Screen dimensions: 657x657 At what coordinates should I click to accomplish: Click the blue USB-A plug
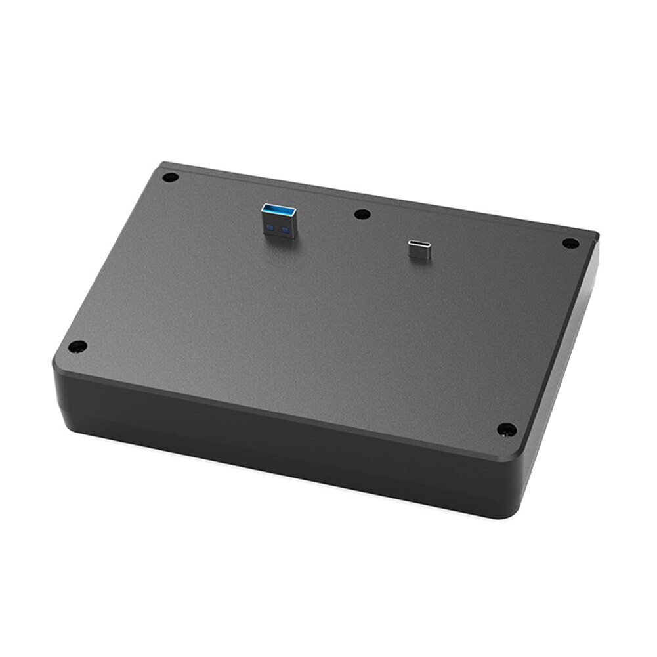(280, 222)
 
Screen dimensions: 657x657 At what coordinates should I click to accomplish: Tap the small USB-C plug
(419, 249)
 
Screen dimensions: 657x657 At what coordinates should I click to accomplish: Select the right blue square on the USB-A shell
(286, 231)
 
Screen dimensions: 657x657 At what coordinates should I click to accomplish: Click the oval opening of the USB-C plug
(419, 246)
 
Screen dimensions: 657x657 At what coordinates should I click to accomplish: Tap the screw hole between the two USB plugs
(361, 214)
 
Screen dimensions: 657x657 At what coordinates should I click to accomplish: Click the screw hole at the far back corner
(171, 177)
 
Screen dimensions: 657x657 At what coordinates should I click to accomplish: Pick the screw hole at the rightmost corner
(570, 244)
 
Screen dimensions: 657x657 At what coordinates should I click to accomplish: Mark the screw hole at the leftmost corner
(77, 346)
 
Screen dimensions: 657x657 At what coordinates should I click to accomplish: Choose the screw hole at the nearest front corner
(505, 430)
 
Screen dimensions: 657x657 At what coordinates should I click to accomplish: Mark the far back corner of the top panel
(163, 166)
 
